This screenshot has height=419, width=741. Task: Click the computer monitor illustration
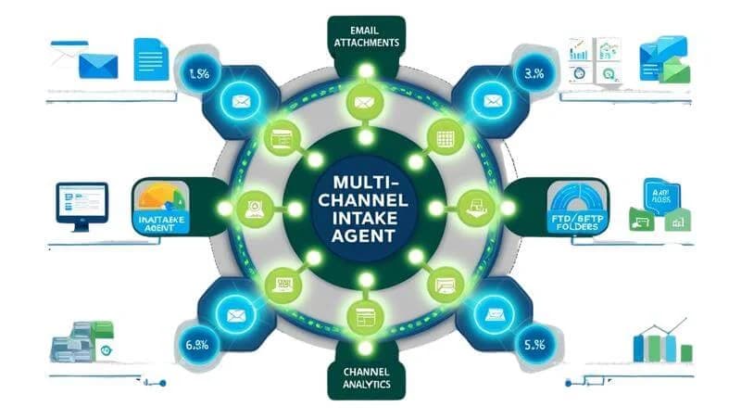tap(82, 203)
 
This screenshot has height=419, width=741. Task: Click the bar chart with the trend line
tap(661, 342)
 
